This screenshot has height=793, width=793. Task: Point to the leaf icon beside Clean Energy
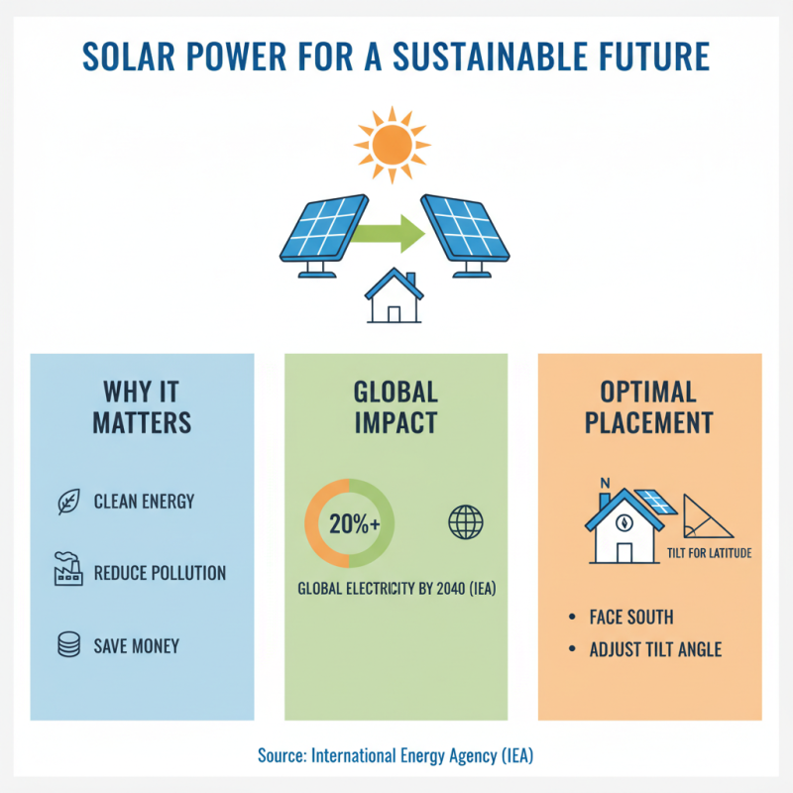67,502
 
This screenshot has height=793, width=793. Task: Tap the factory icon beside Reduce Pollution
67,572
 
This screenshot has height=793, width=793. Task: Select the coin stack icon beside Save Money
67,645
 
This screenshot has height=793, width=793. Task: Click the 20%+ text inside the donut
349,524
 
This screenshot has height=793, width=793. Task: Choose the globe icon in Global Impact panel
465,522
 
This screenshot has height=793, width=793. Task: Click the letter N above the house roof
604,485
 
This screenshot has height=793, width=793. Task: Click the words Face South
631,618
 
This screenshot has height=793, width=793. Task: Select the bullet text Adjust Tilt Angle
655,650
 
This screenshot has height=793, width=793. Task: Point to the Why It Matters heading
142,406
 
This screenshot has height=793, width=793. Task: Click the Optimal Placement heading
649,406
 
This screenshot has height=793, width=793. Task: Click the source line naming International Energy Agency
396,756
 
